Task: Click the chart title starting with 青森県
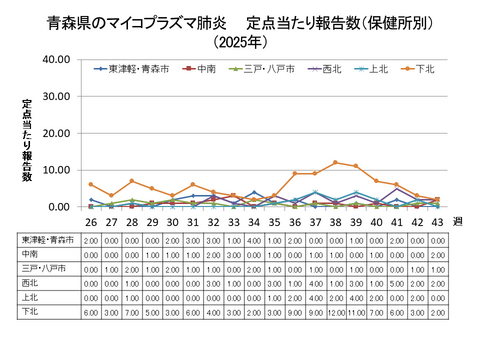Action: [x=240, y=21]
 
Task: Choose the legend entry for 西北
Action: [x=322, y=69]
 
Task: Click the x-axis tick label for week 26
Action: [x=91, y=221]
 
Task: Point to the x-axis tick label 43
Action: [x=437, y=221]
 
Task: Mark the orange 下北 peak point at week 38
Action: [x=335, y=162]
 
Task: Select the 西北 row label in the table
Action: [x=32, y=283]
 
